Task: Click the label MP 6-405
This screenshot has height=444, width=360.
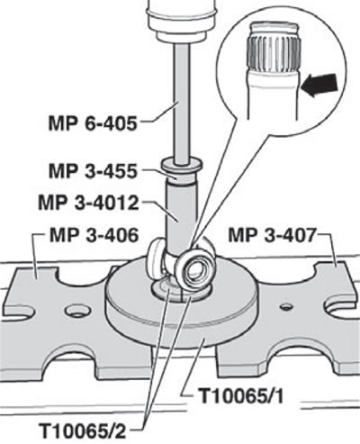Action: pyautogui.click(x=93, y=122)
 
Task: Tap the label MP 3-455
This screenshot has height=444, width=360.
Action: pyautogui.click(x=93, y=171)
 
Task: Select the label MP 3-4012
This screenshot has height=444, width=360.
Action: pyautogui.click(x=88, y=204)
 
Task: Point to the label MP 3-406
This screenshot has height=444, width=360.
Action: pyautogui.click(x=94, y=235)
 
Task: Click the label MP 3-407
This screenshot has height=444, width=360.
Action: pyautogui.click(x=272, y=235)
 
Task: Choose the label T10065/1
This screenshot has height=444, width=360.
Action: pyautogui.click(x=241, y=396)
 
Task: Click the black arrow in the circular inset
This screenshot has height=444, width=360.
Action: pyautogui.click(x=319, y=86)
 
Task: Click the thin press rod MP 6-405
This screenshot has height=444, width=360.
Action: pyautogui.click(x=182, y=102)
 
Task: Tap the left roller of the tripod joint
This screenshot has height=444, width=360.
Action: pyautogui.click(x=156, y=252)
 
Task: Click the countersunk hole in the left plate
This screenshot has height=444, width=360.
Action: pyautogui.click(x=77, y=312)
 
